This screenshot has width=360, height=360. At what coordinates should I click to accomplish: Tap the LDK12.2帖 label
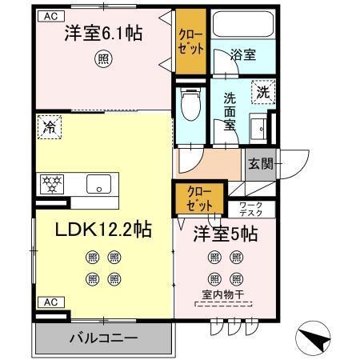pos(103,230)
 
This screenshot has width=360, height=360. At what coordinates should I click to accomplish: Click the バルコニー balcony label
pos(102,337)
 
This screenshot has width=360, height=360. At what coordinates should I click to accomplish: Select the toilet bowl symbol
pos(189,102)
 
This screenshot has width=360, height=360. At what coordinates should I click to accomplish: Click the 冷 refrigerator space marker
pos(50,126)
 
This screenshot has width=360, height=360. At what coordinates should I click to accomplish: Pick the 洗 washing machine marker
pos(262,93)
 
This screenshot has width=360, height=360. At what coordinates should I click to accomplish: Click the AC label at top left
pos(49,15)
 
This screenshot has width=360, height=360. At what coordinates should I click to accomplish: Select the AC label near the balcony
pos(49,302)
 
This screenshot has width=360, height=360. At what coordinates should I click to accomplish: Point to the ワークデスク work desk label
pos(256,210)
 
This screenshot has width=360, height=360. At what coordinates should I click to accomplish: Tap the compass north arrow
pos(314,337)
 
